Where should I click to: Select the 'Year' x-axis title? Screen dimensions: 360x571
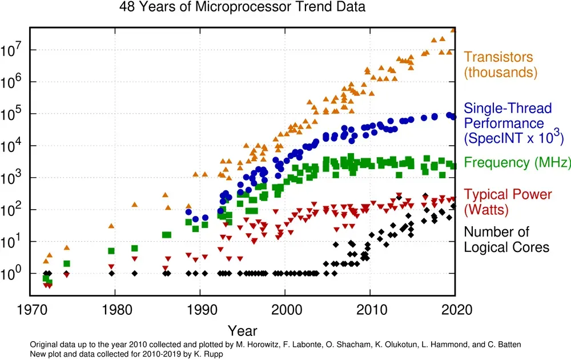[242, 330]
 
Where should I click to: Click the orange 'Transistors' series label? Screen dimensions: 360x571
[498, 57]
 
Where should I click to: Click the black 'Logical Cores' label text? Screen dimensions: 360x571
[506, 247]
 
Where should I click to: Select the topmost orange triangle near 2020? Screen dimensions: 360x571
[454, 30]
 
